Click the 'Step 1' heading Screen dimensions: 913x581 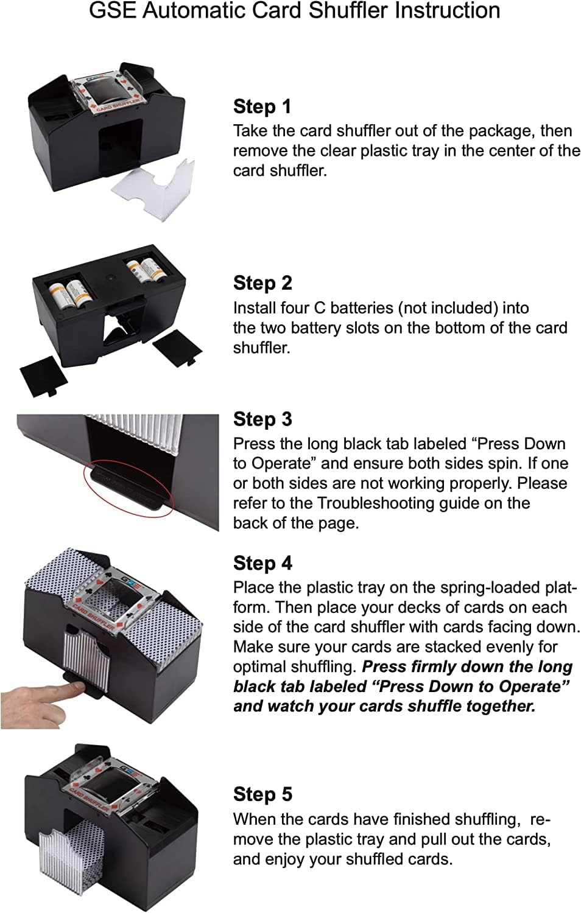(x=262, y=107)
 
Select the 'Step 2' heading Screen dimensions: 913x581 (x=262, y=283)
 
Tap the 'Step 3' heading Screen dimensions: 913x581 (x=262, y=419)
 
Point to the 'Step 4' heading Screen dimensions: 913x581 (x=262, y=563)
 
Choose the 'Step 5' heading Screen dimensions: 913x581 (x=262, y=794)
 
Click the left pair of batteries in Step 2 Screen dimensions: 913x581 (x=66, y=294)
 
